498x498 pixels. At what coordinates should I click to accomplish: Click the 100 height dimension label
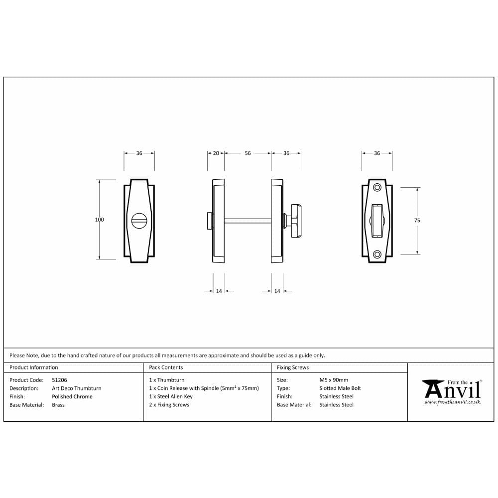[x=100, y=220]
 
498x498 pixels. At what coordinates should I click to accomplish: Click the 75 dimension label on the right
[x=417, y=220]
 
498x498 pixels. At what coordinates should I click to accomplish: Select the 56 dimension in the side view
[x=248, y=153]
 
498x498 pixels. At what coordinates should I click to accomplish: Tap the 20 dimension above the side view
[x=216, y=153]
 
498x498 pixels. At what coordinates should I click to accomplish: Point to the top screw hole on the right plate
[x=377, y=187]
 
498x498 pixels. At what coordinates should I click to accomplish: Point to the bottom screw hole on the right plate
[x=377, y=254]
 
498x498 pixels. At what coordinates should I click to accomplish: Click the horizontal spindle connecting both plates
[x=248, y=220]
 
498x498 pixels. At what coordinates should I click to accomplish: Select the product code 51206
[x=59, y=380]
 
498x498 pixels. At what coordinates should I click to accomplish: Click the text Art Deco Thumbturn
[x=76, y=388]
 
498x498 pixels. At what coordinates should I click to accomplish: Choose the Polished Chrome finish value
[x=72, y=397]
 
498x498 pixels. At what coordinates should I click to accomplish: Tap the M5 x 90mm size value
[x=334, y=380]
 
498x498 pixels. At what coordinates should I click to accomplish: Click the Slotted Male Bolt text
[x=340, y=388]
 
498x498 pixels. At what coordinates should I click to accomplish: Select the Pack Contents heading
[x=166, y=368]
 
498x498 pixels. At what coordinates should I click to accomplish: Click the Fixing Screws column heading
[x=293, y=368]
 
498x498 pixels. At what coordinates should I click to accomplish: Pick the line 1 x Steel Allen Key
[x=171, y=397]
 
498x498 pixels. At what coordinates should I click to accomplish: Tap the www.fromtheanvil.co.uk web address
[x=452, y=401]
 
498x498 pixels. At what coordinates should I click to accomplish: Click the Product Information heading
[x=34, y=368]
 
